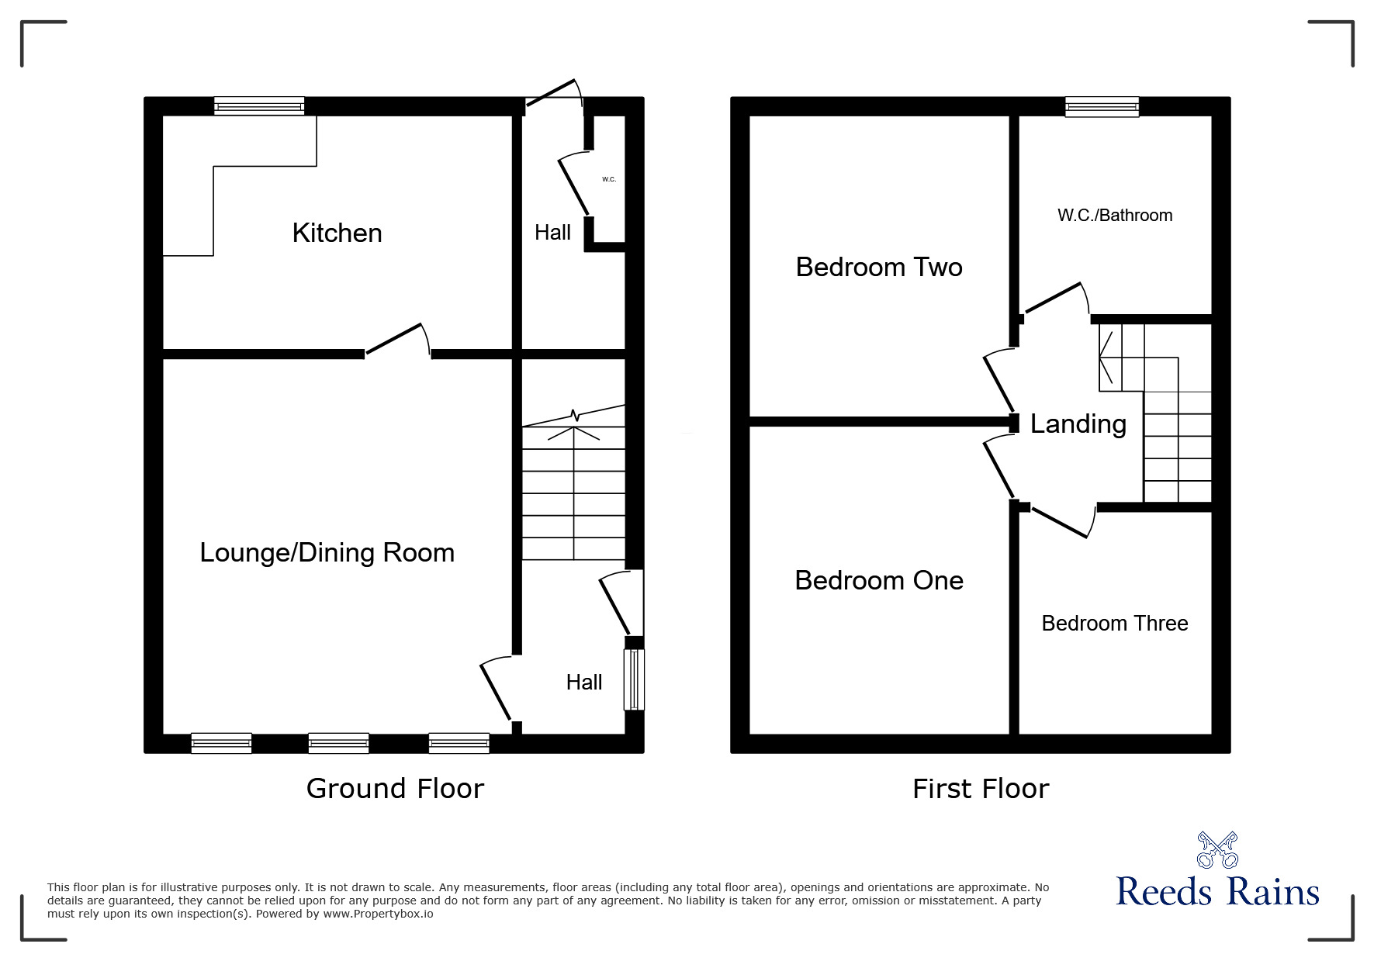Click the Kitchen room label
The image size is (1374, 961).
(x=337, y=233)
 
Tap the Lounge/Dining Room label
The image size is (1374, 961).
(x=327, y=553)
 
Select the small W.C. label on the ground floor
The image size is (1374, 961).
(x=609, y=179)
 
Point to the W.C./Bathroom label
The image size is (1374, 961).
(x=1115, y=216)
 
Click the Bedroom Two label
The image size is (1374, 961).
(x=879, y=267)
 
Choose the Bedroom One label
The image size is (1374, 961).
(x=879, y=580)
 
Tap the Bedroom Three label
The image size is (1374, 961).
(x=1115, y=623)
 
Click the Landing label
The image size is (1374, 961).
(x=1078, y=424)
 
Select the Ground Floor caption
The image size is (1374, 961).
(x=395, y=788)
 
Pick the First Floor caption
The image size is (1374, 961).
(x=981, y=789)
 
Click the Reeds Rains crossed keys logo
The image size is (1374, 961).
(x=1217, y=849)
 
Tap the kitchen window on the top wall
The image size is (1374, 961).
(x=259, y=106)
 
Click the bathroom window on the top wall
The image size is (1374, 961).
(x=1102, y=106)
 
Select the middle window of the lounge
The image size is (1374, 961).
(x=338, y=743)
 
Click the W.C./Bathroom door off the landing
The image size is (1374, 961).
(x=1055, y=301)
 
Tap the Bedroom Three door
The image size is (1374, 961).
(x=1058, y=520)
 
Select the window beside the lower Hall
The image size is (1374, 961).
(x=635, y=679)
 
